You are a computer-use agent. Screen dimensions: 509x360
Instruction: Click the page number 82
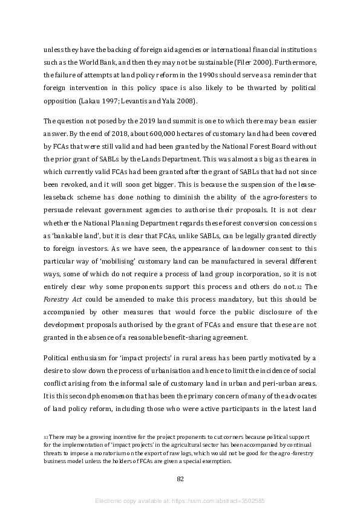tap(180, 479)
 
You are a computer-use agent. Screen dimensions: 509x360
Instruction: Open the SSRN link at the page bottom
tap(180, 501)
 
